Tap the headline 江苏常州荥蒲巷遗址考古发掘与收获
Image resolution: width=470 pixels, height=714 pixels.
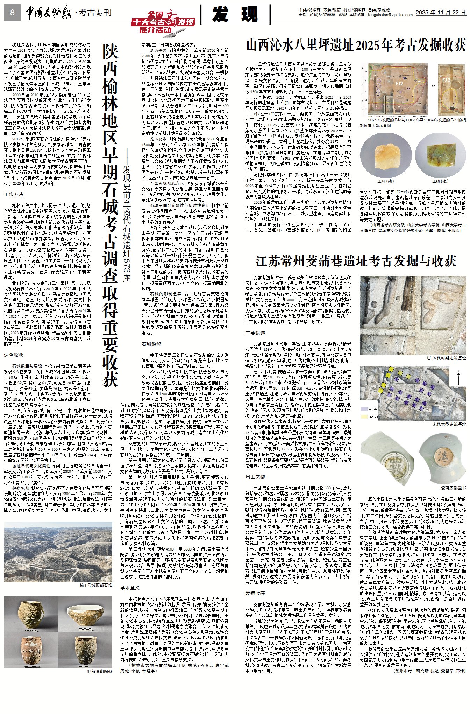coord(356,261)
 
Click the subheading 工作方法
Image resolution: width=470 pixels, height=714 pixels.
coord(14,194)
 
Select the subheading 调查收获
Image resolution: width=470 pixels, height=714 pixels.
coord(14,355)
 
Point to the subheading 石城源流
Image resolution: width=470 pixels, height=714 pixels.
coord(151,344)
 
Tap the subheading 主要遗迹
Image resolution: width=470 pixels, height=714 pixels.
coord(255,333)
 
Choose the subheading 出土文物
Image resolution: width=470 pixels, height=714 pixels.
coord(255,476)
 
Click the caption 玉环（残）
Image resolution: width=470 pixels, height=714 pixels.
coord(385,181)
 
